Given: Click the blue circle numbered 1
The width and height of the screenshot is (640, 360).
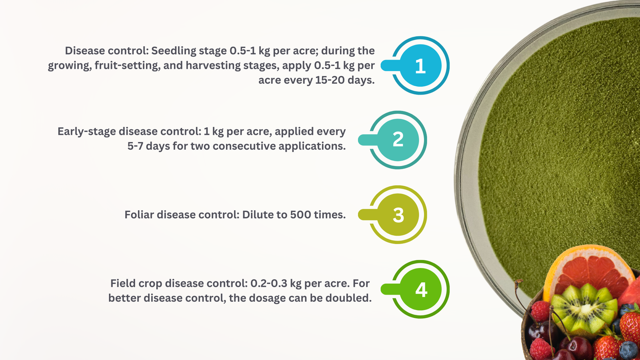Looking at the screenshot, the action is coord(420,66).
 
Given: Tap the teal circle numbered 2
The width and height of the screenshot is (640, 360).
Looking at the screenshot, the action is coord(398,140).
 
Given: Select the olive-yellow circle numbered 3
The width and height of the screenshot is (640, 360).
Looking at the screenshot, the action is coord(398,214).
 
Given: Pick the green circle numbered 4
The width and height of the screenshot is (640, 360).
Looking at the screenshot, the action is coord(420,289).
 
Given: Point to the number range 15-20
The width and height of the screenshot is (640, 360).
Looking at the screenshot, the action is coord(330,80).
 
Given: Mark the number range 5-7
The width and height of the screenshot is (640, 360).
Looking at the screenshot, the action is coord(135,146).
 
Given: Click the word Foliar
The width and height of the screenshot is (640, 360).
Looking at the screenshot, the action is coord(139,214).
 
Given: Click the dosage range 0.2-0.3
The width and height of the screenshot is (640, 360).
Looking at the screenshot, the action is coord(269,284).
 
